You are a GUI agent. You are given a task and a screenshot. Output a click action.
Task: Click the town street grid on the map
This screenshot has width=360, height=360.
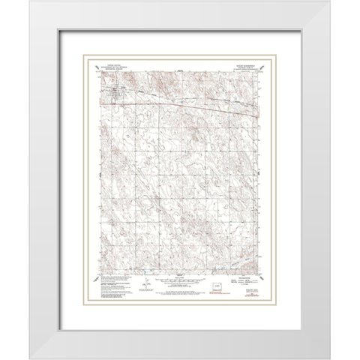click(114, 93)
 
